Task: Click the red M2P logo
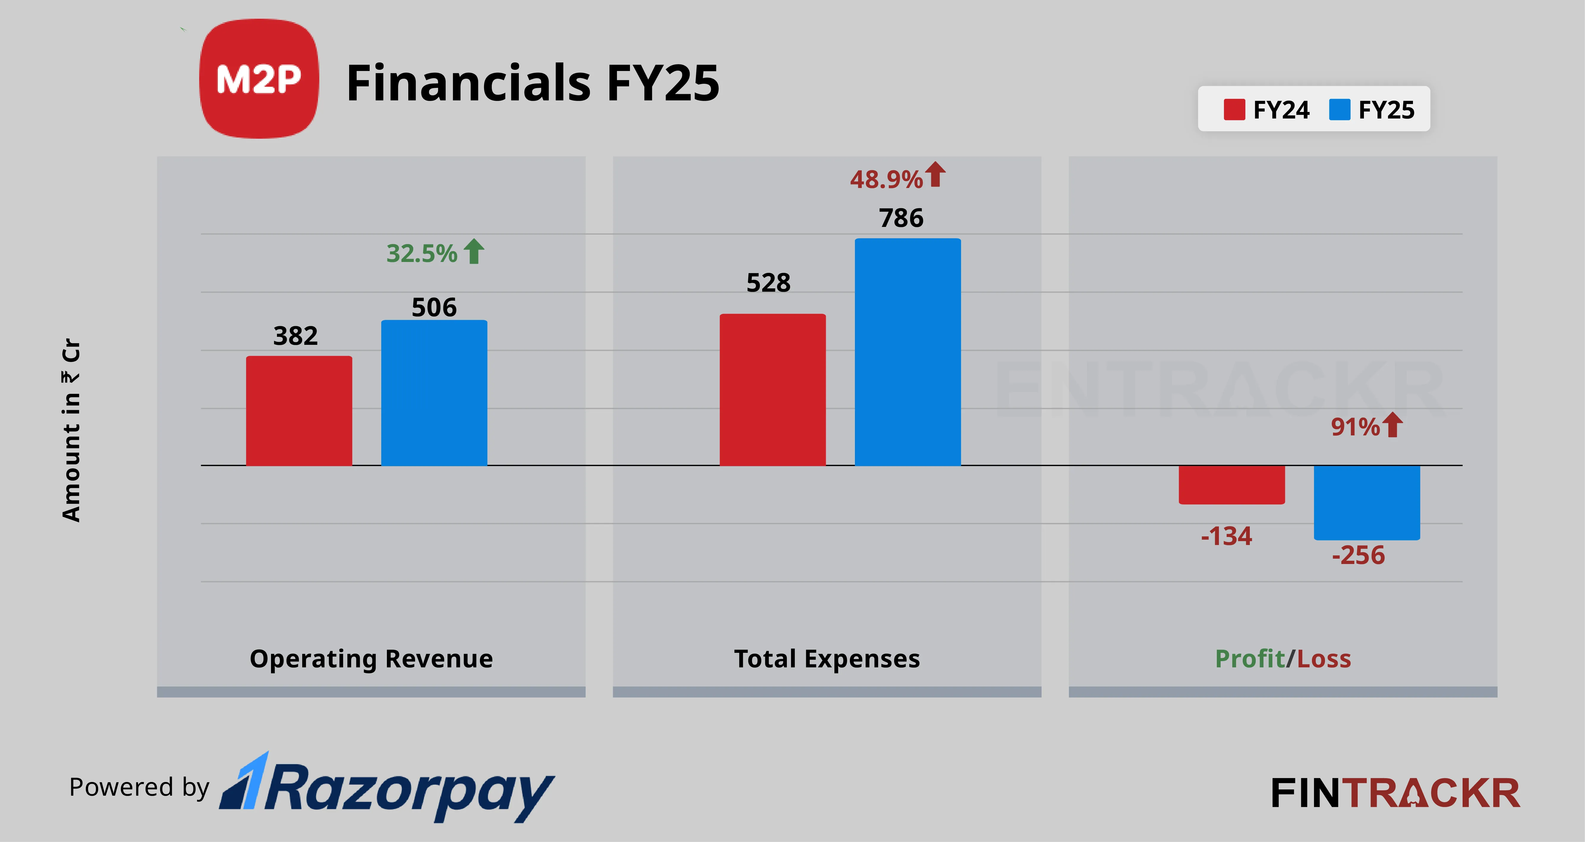(259, 79)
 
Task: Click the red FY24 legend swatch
(1234, 110)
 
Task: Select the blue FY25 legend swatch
(1339, 110)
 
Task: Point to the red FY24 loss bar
(1231, 485)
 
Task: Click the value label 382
(295, 336)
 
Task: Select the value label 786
(901, 218)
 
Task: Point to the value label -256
(1358, 555)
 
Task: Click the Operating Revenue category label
(371, 659)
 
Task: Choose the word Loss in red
(1324, 659)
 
